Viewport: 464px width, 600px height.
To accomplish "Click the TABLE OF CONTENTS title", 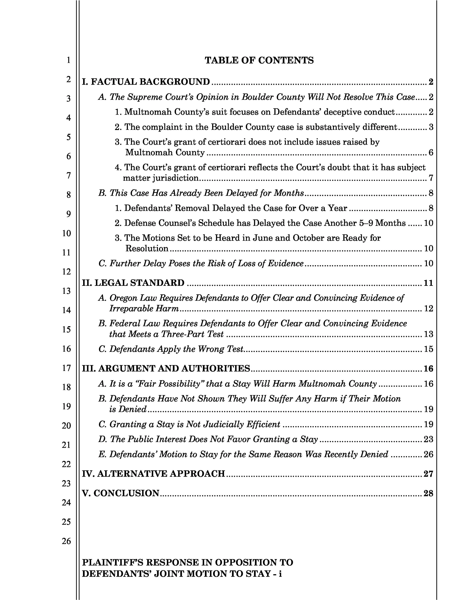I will click(259, 60).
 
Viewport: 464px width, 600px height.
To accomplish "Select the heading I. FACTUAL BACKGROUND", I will click(146, 82).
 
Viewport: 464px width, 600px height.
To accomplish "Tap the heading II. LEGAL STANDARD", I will click(133, 283).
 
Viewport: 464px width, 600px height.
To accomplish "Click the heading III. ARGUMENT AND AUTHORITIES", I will click(166, 368).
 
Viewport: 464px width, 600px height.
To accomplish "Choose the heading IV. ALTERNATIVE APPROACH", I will click(153, 474).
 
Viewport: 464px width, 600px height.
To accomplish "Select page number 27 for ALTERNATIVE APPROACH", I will click(428, 474).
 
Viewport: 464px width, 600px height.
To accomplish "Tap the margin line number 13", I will click(66, 291).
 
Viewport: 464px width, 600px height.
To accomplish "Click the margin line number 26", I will click(66, 541).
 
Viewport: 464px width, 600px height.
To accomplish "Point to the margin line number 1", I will click(68, 60).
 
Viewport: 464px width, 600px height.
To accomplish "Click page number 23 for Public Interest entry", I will click(428, 439).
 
